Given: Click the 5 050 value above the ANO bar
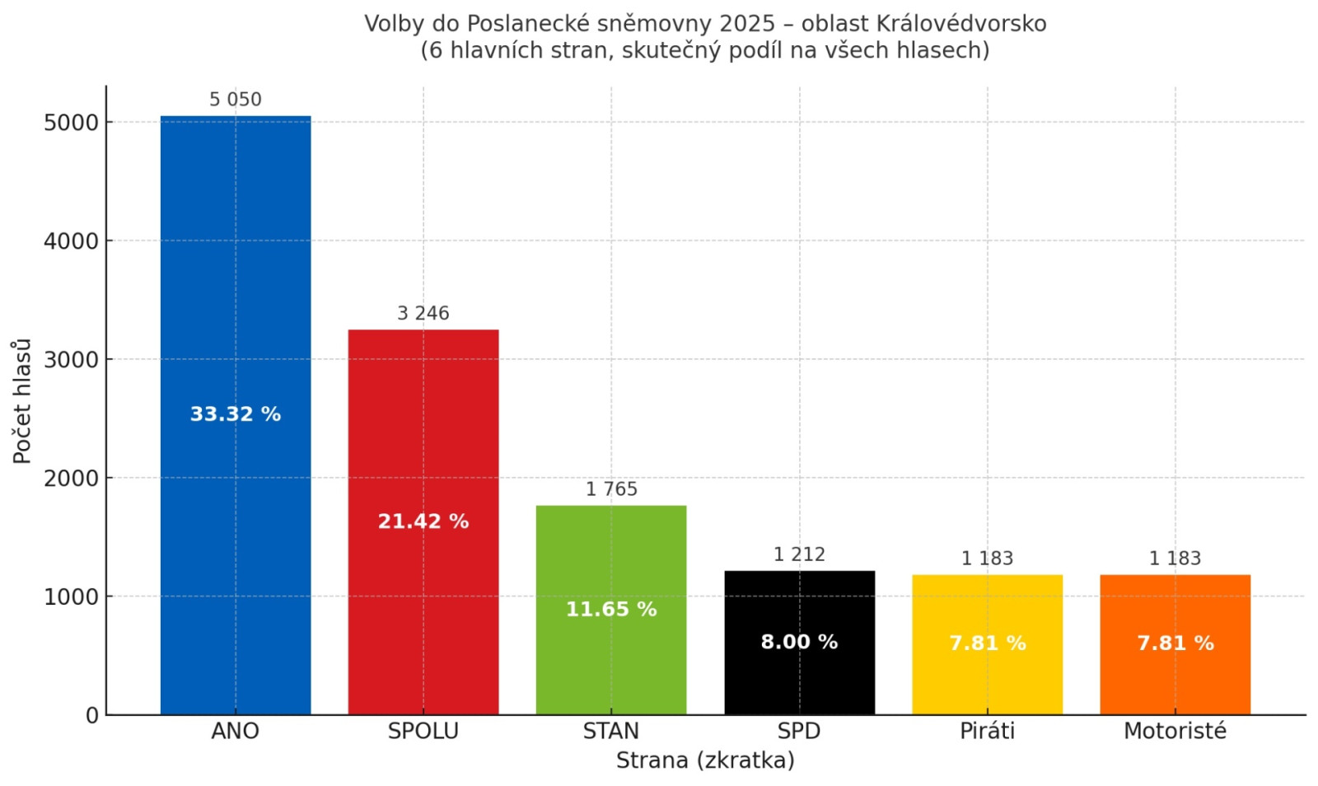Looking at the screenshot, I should [236, 100].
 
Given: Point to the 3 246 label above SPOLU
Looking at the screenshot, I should [423, 313].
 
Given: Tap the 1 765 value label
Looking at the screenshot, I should [611, 489].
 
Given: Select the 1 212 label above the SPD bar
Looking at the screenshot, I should [799, 554].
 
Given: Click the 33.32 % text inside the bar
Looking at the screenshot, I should [236, 414].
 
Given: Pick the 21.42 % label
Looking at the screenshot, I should [423, 522].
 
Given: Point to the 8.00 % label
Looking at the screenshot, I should [799, 642].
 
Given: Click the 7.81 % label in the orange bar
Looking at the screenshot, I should [1175, 643].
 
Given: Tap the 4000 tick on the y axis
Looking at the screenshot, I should [71, 241].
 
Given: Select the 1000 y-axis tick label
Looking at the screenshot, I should [71, 597].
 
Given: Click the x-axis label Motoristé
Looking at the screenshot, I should [1175, 731].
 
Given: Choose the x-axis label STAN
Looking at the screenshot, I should [611, 731].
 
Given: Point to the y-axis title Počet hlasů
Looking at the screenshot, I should [22, 400].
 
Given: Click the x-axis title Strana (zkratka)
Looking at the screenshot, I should [705, 760].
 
